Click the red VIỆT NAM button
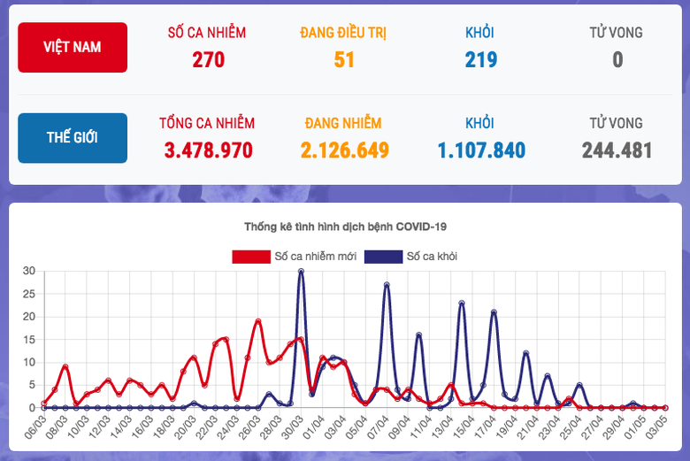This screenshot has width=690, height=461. point(73,48)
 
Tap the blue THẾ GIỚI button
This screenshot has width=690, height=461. point(73,138)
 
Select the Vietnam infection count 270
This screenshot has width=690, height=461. point(208,59)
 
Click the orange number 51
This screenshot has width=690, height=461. point(344,59)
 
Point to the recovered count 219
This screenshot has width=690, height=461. point(480,59)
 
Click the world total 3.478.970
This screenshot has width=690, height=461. point(208,150)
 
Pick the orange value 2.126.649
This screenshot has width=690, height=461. point(344,150)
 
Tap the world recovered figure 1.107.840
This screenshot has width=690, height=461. point(480,150)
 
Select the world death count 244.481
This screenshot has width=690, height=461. point(617,150)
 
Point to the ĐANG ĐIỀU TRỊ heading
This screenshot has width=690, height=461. point(344,33)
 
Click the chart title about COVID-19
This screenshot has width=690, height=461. point(345,227)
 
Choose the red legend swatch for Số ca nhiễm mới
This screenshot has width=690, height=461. point(251,257)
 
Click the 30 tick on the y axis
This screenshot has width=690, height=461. point(28,271)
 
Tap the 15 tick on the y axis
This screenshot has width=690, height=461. point(28,339)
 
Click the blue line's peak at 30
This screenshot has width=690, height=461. point(301,272)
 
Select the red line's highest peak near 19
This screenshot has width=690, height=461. point(257,321)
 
